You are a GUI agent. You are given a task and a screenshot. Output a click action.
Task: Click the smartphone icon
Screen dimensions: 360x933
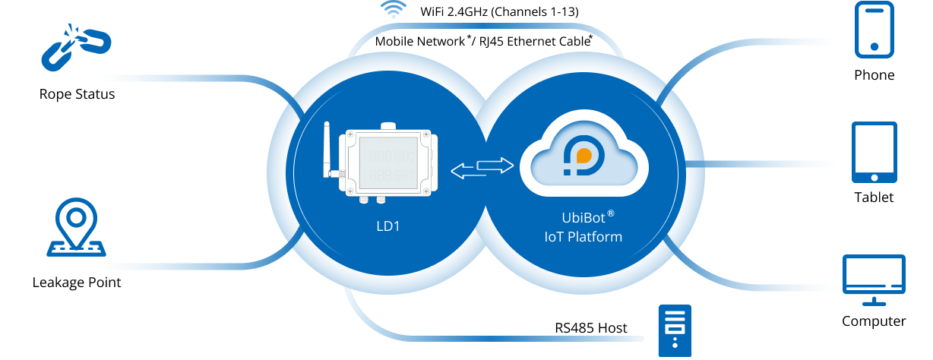[874, 30]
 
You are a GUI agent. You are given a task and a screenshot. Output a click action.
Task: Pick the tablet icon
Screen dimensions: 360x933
[874, 152]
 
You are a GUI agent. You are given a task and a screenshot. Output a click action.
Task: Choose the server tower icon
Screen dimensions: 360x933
[675, 331]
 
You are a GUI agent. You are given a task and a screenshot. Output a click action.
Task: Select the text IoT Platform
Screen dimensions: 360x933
[583, 237]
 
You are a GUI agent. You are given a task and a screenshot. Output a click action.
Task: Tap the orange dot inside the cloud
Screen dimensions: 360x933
[584, 156]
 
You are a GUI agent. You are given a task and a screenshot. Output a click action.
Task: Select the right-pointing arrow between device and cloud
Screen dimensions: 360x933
[495, 164]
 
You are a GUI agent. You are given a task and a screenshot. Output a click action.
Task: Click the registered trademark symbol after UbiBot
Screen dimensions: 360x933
[610, 213]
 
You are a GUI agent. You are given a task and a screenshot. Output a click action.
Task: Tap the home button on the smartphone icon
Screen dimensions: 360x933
[874, 47]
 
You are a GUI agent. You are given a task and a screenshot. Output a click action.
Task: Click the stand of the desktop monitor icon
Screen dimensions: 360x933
[874, 301]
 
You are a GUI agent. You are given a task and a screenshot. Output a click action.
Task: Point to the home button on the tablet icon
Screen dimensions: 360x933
[874, 176]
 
